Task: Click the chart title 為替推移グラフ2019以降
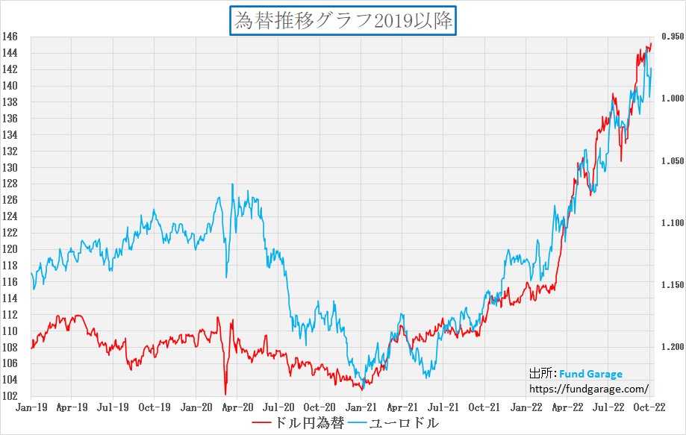(x=343, y=20)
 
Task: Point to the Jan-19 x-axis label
(x=31, y=407)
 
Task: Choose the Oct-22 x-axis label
(x=649, y=407)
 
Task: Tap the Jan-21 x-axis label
(x=361, y=407)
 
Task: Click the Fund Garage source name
(x=590, y=375)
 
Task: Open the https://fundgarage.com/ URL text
(x=588, y=389)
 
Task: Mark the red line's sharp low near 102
(x=225, y=393)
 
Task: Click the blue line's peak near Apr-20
(x=233, y=184)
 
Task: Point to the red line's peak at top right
(x=650, y=43)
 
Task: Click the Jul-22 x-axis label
(x=608, y=407)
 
